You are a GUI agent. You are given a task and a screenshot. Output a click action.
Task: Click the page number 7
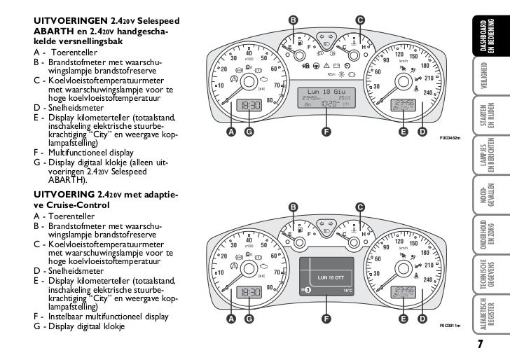click(x=481, y=343)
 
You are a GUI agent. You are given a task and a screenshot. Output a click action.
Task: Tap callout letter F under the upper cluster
click(x=325, y=131)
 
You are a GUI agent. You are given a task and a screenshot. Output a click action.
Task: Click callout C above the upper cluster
click(x=359, y=19)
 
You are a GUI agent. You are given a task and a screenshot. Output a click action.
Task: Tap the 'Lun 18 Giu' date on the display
click(x=324, y=92)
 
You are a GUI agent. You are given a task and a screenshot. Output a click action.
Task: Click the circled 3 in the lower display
click(x=307, y=289)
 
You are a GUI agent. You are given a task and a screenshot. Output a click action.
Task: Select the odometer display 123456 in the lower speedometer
click(x=404, y=289)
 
